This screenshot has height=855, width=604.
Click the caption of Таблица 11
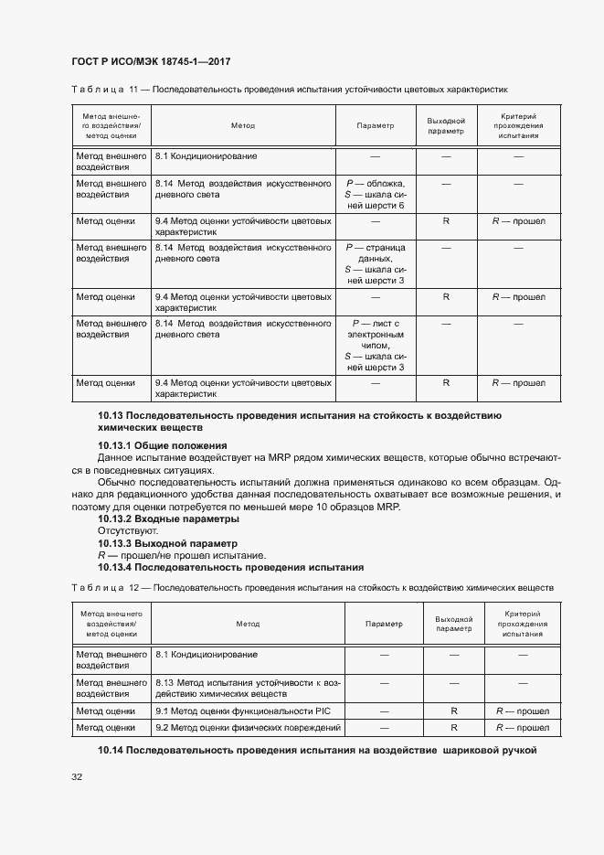[x=289, y=90]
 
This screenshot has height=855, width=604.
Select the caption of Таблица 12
[x=312, y=587]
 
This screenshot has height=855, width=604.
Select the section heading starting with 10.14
[x=316, y=751]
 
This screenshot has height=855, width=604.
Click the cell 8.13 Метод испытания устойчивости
[x=247, y=689]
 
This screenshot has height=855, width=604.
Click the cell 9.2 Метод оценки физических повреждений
[x=247, y=728]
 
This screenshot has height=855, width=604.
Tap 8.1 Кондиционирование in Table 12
[x=207, y=655]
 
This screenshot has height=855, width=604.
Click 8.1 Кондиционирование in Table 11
[x=207, y=156]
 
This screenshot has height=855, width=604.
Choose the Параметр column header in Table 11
[x=376, y=126]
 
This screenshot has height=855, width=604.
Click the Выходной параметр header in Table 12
[x=453, y=624]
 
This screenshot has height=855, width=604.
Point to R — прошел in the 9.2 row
[x=520, y=728]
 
